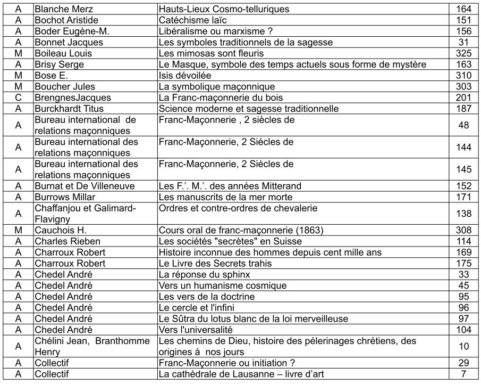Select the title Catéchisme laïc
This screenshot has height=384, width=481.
pos(193,20)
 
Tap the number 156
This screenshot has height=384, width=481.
pos(463,31)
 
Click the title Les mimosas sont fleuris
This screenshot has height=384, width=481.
pos(211,53)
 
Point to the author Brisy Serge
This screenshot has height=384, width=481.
pos(59,64)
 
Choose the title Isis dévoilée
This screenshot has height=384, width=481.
pos(185,76)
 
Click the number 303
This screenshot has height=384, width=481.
pos(463,87)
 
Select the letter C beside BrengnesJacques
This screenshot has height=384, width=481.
pos(18,98)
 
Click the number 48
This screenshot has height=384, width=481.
pos(463,125)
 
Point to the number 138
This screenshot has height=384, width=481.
pos(463,214)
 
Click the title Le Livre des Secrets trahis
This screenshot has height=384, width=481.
pos(215,263)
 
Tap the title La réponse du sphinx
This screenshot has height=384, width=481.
pos(204,274)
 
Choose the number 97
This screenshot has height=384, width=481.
pos(463,318)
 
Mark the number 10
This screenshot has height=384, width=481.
pos(463,346)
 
